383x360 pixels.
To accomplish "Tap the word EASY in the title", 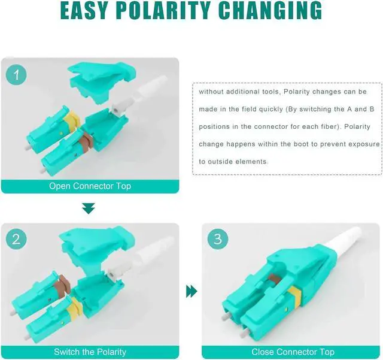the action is tap(84, 11).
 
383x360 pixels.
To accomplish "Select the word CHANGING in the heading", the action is tap(270, 11).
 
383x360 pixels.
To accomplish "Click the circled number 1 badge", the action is tap(16, 74).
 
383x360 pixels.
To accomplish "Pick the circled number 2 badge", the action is tap(16, 238).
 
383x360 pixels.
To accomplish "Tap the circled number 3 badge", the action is tap(218, 238).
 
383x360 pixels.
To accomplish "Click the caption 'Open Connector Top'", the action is tap(90, 186).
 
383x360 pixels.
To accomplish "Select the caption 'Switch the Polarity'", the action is tap(90, 352).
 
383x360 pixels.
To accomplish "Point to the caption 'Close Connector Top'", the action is tap(293, 352).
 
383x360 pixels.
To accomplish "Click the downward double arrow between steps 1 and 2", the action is tap(89, 208).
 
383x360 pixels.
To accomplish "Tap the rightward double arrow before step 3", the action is tap(191, 291).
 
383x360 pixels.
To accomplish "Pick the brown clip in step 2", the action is tap(62, 285).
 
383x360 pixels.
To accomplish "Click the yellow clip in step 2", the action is tap(75, 306).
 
